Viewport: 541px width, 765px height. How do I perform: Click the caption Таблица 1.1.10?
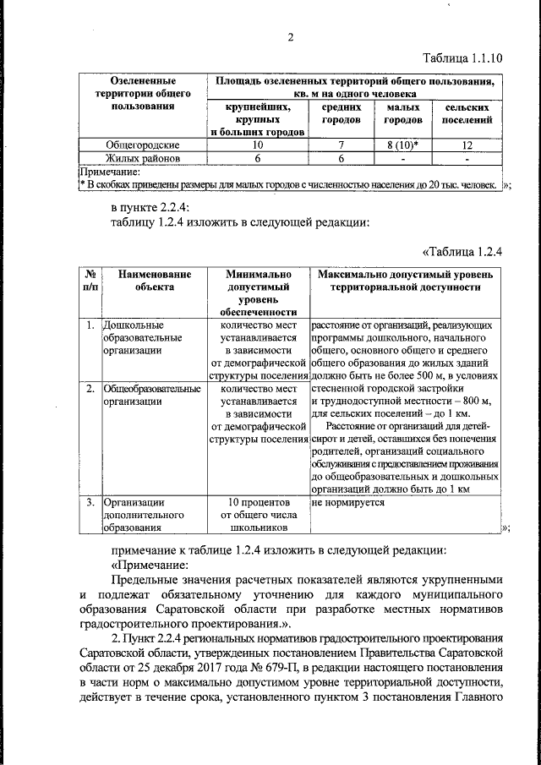tap(462, 58)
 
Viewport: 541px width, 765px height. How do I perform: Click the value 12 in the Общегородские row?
tap(466, 145)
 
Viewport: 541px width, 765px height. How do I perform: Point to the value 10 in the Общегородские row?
tap(258, 145)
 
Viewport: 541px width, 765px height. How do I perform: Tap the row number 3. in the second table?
tap(90, 502)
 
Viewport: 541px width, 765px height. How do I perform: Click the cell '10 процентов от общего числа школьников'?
tap(258, 515)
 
